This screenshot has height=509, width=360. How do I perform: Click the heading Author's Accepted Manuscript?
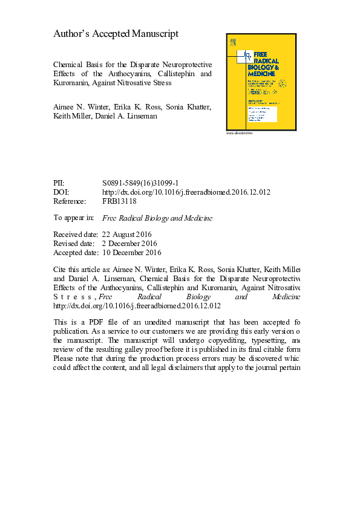click(116, 34)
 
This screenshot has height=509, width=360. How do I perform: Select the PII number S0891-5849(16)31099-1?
click(140, 183)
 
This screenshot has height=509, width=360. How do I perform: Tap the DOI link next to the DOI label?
click(186, 192)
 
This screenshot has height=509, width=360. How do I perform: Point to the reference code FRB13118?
click(119, 201)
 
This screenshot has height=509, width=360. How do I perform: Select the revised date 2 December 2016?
click(128, 244)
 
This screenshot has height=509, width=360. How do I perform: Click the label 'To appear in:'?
click(74, 218)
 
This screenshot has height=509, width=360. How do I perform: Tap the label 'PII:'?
click(59, 183)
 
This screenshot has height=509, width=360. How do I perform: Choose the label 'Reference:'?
click(70, 201)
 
